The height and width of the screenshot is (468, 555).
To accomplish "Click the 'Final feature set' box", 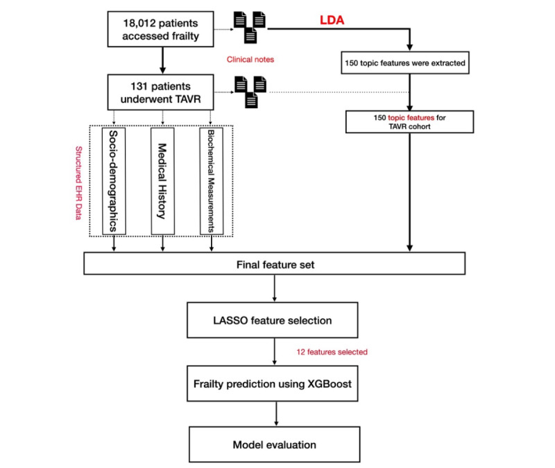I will point(273,263).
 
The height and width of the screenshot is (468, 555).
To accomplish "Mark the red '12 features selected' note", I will point(332,352).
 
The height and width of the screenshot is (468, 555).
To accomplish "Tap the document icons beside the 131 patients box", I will point(251,90).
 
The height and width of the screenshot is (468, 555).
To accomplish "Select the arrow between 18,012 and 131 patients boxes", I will point(161,62).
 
